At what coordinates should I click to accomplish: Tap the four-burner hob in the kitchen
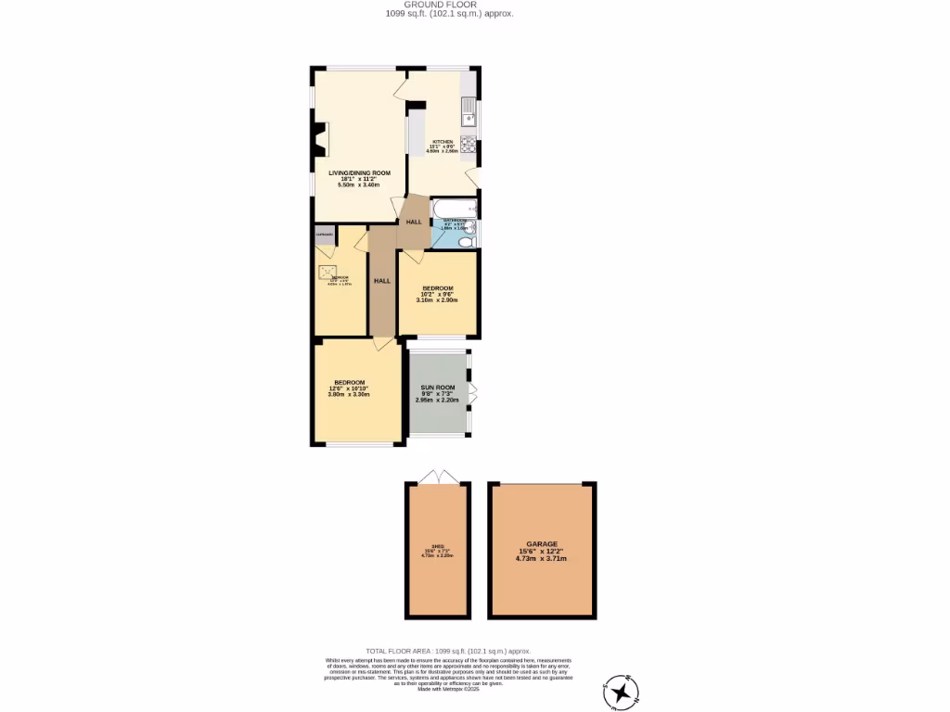(469, 143)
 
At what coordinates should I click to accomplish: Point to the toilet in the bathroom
(467, 240)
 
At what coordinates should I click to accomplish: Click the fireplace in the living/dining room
(320, 138)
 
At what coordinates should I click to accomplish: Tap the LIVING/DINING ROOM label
(359, 173)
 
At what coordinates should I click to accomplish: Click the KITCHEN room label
(443, 142)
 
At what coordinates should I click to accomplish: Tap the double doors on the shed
(438, 477)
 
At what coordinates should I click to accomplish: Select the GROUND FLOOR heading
(449, 5)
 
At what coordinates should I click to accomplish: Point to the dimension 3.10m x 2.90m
(437, 300)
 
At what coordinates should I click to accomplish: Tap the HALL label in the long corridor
(381, 281)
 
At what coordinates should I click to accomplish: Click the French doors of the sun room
(473, 393)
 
